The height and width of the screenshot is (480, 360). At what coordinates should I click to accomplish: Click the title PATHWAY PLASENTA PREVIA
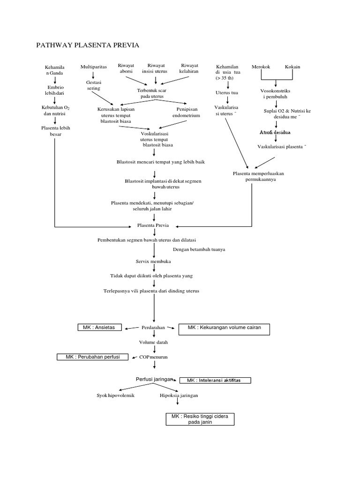(x=88, y=45)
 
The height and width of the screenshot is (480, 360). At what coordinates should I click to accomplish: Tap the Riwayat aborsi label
(x=126, y=68)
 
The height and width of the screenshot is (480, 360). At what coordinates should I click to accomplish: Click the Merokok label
(x=261, y=67)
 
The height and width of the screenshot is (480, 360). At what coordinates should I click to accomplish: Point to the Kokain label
(x=292, y=67)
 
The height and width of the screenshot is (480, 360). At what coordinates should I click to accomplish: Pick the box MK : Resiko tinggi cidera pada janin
(x=200, y=419)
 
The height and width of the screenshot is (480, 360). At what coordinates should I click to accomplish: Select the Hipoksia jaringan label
(x=179, y=396)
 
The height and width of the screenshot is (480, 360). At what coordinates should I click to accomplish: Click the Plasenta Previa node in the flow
(x=153, y=225)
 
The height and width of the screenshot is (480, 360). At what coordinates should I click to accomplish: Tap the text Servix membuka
(x=153, y=261)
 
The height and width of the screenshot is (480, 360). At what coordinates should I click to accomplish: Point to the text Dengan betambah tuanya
(x=199, y=249)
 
